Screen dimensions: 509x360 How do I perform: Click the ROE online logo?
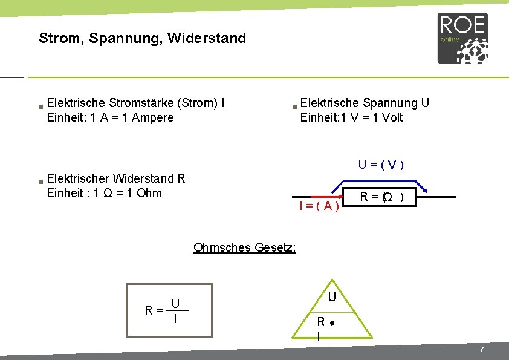tap(462, 38)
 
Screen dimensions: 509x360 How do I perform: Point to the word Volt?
tap(392, 117)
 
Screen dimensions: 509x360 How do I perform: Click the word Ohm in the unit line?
tap(150, 193)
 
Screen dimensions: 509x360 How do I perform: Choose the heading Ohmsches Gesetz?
tap(244, 247)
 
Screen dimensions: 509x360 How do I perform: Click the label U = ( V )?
tap(381, 164)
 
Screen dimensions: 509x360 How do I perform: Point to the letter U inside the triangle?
tap(332, 297)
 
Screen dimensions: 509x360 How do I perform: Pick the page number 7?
tap(481, 350)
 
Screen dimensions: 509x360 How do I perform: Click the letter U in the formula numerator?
tap(175, 303)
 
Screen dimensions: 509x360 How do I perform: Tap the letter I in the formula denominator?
tap(175, 318)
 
